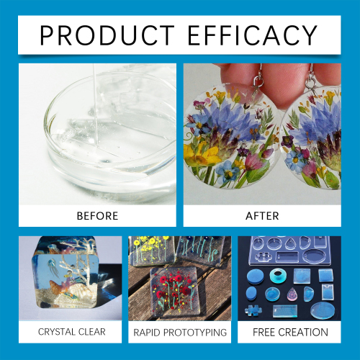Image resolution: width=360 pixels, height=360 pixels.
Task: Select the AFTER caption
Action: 261,215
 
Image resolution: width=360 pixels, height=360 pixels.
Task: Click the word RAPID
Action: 148,332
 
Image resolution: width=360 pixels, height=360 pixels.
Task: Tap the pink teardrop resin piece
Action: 293,295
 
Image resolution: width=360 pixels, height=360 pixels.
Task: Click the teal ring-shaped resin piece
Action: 277,275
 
